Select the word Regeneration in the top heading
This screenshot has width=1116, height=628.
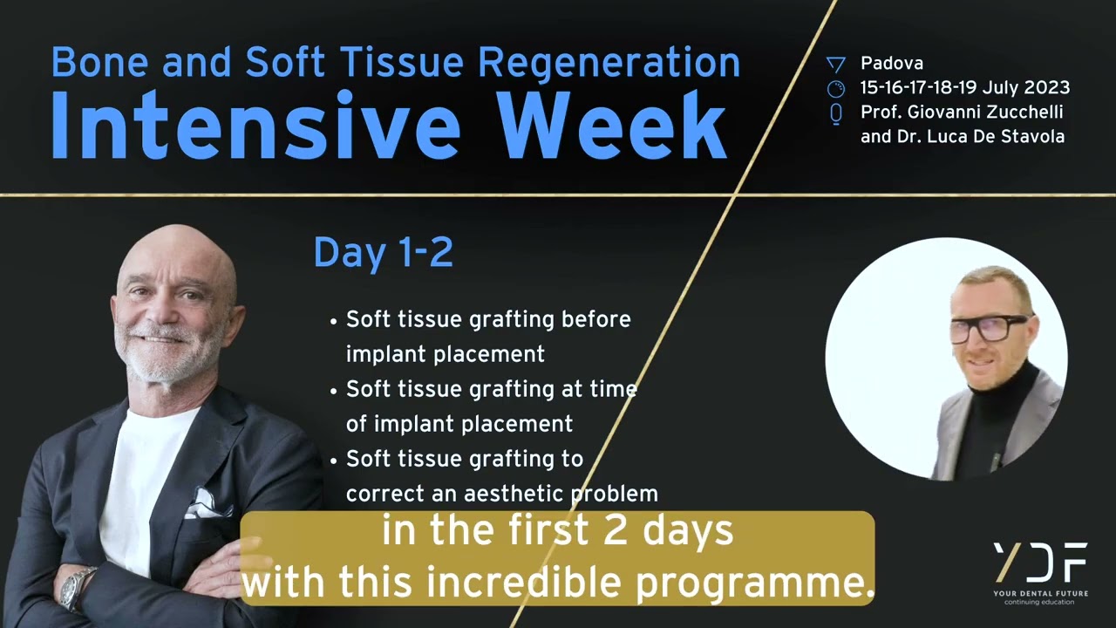tap(609, 62)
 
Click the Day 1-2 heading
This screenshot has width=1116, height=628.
tap(383, 253)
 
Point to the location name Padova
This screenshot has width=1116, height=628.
tap(891, 63)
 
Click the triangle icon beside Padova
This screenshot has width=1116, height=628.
tap(835, 64)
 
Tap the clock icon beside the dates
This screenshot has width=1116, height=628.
tap(835, 88)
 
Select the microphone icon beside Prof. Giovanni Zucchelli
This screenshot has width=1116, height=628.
tap(835, 113)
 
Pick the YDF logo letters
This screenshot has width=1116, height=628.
tap(1040, 563)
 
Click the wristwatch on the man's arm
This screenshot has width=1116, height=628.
tap(78, 587)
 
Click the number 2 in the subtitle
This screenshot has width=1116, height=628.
tap(616, 531)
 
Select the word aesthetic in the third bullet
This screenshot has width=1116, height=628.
tap(515, 494)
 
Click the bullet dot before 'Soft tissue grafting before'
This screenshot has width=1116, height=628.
tap(334, 321)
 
